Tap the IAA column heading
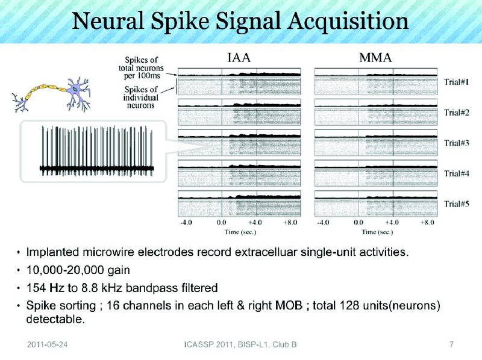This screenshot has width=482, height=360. coord(239,58)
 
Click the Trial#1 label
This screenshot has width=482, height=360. coord(457,82)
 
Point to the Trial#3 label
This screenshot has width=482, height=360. coord(457,143)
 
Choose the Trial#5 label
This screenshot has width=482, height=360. coord(457,203)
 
